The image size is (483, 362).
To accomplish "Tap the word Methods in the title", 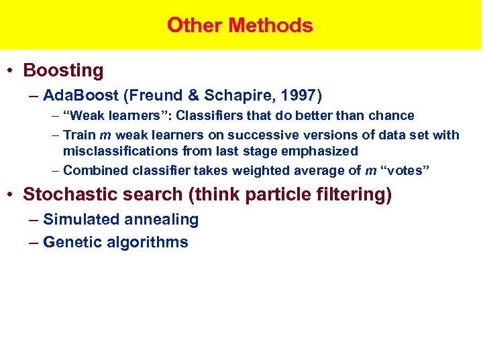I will point(270,25).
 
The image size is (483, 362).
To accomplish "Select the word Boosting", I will point(64,70).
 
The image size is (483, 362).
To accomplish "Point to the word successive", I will point(263,135).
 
